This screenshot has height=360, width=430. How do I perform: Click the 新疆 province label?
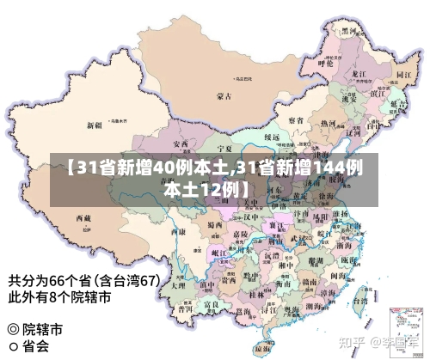(95, 125)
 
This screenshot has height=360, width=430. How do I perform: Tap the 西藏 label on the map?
(83, 219)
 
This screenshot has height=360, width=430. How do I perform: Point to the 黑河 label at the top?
(349, 30)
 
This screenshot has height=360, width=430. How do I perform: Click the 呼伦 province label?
(324, 63)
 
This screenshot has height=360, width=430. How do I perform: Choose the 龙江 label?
(359, 74)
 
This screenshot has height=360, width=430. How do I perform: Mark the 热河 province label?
(328, 123)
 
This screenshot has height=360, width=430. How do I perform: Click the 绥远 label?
(271, 137)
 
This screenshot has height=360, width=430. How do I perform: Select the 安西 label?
(181, 143)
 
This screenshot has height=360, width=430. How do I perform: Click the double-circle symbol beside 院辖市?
(13, 329)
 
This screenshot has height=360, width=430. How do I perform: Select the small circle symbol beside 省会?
(13, 347)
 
